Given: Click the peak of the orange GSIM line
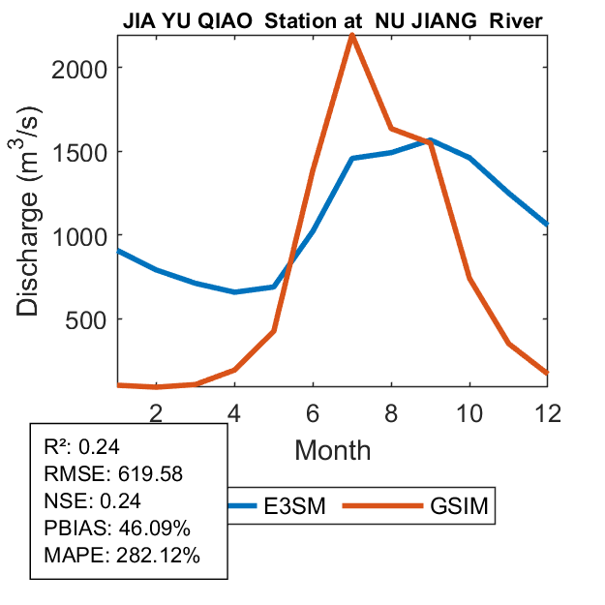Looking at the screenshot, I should tap(351, 36).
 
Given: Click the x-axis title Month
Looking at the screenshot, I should tap(332, 449).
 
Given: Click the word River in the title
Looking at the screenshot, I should tap(516, 20).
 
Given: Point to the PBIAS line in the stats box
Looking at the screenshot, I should tap(117, 529).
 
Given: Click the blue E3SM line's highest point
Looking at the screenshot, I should tap(430, 140).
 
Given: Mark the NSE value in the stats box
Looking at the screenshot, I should tap(124, 501).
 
